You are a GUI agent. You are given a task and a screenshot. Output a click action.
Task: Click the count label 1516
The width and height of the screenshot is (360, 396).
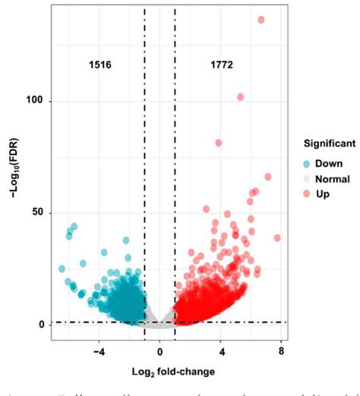coord(99,66)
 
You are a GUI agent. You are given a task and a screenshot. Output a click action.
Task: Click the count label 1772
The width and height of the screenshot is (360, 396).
coord(221,66)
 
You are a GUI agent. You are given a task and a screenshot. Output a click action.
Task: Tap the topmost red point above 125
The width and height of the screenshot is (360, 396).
coord(261,20)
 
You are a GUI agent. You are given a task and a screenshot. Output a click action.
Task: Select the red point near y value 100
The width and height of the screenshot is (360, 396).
coord(241,97)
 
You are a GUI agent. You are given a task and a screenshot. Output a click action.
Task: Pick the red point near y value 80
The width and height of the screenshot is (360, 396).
coord(219,143)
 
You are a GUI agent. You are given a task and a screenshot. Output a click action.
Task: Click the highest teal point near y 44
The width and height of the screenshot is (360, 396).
coord(74,227)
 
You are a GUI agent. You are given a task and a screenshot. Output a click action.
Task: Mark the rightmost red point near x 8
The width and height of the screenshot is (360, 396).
coord(277,238)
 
